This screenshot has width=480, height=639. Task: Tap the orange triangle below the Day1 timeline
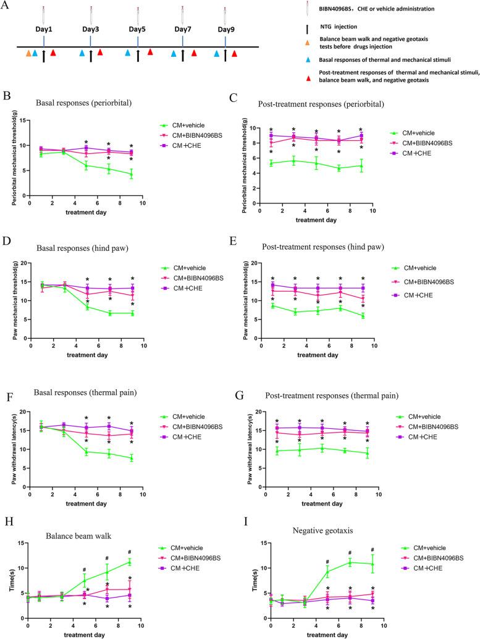click(28, 54)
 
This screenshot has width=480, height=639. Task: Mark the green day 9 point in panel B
click(131, 174)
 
